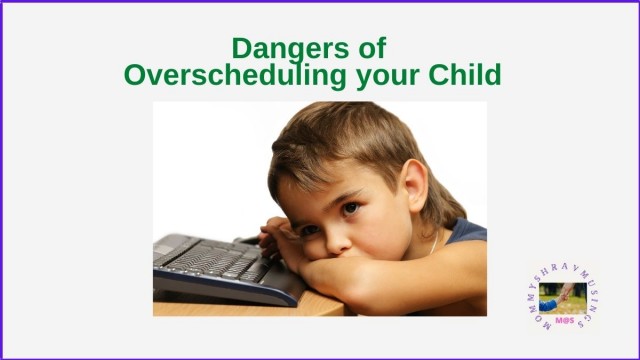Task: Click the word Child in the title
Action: coord(464,74)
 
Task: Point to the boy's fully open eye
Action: coord(350,209)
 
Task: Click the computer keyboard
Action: coord(215,263)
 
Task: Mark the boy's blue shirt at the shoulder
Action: coord(466,234)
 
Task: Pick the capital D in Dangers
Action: coord(241,48)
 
